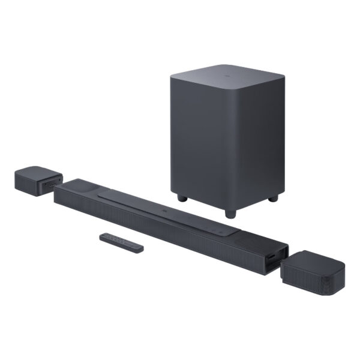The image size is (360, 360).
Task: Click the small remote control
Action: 122,241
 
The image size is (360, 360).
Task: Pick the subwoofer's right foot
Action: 273,197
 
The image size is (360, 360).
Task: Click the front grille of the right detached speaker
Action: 306,279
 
